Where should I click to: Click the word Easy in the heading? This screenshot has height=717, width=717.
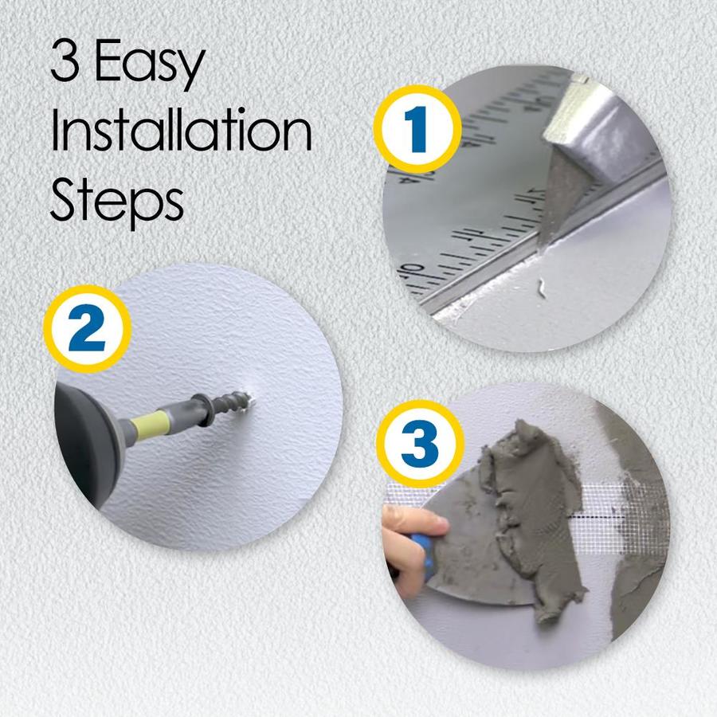click(149, 64)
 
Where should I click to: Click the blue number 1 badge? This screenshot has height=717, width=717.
click(417, 130)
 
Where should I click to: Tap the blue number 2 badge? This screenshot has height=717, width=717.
click(88, 329)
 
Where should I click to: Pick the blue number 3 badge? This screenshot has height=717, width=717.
click(420, 444)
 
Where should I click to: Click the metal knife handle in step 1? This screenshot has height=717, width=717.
click(594, 132)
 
